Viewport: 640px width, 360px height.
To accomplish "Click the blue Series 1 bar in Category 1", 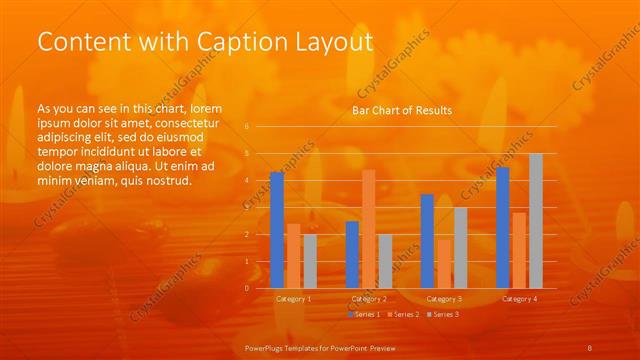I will pyautogui.click(x=277, y=230).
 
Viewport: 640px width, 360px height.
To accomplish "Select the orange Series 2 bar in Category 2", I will pyautogui.click(x=369, y=229).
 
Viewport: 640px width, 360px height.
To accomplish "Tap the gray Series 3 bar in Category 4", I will pyautogui.click(x=536, y=221).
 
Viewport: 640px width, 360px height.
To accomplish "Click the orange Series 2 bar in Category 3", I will pyautogui.click(x=444, y=263).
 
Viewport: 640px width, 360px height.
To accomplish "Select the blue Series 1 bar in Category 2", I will pyautogui.click(x=352, y=254).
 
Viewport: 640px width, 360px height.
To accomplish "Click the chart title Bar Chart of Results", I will pyautogui.click(x=401, y=110).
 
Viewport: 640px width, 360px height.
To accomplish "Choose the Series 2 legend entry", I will pyautogui.click(x=401, y=314).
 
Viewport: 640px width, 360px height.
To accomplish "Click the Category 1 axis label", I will pyautogui.click(x=294, y=299).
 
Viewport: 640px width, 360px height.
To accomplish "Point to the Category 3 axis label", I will pyautogui.click(x=444, y=299).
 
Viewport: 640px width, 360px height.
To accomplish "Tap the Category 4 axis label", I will pyautogui.click(x=519, y=299).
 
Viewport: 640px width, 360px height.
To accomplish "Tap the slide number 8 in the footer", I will pyautogui.click(x=590, y=348).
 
